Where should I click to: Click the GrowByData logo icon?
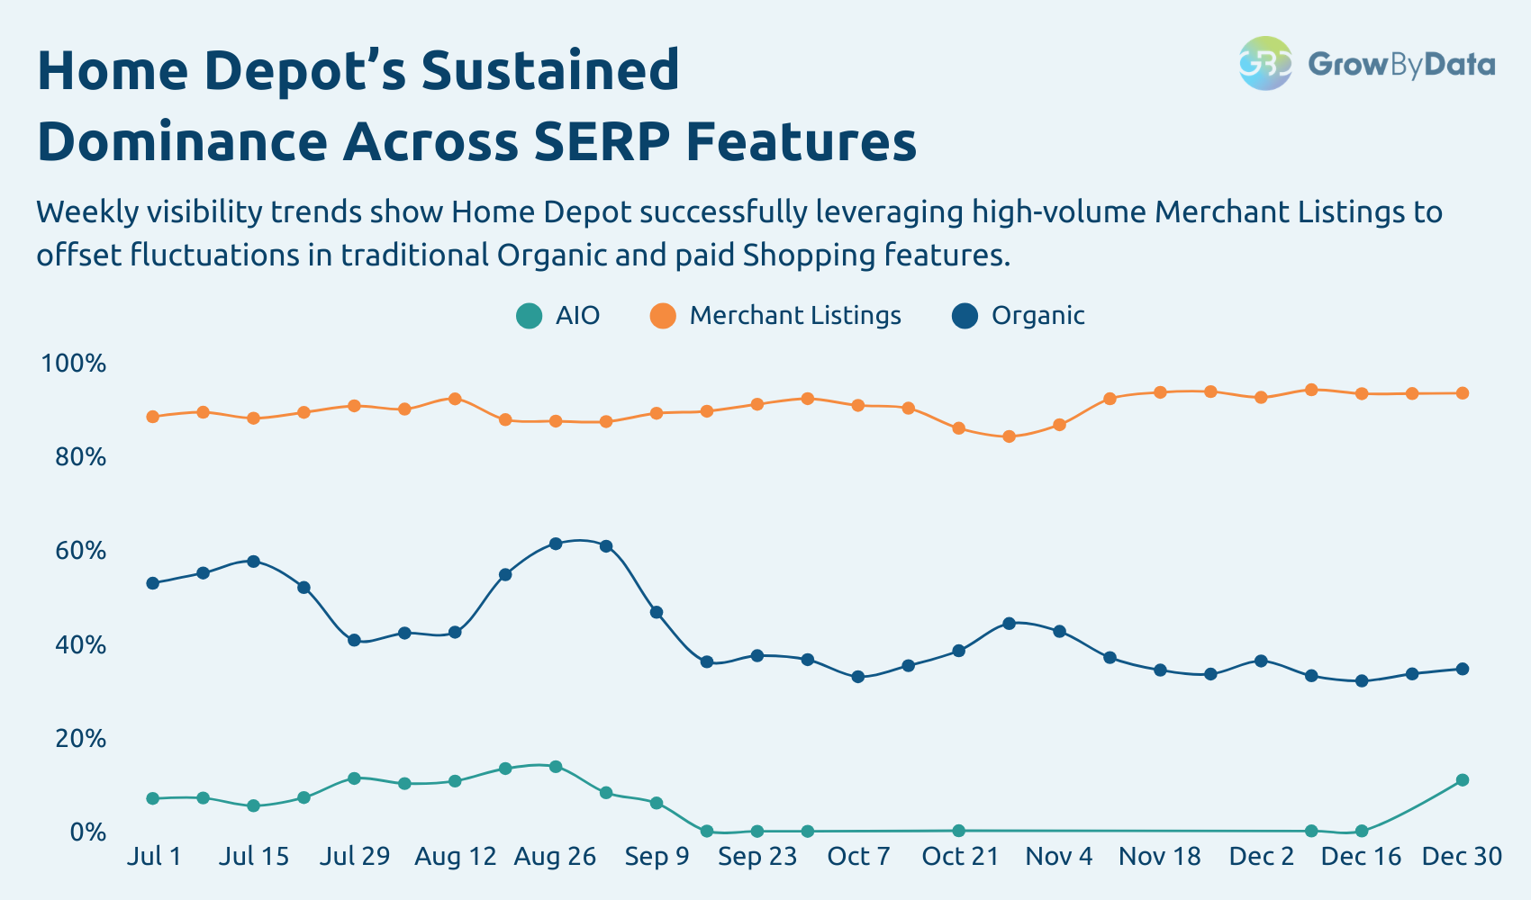[1265, 63]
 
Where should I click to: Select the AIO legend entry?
[557, 316]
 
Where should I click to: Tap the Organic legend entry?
[1019, 316]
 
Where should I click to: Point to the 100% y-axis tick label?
[73, 364]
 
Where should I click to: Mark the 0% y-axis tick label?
[87, 832]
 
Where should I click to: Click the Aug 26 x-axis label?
[555, 856]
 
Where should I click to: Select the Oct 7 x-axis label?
[858, 856]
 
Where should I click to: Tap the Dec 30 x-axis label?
[1462, 856]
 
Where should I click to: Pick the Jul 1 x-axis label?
[154, 856]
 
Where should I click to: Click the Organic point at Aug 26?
[556, 544]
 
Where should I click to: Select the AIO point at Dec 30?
[1463, 780]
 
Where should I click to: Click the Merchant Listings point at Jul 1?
[153, 417]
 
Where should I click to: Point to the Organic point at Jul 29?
[354, 640]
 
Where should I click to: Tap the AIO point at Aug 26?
[556, 767]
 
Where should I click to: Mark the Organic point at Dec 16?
[1362, 681]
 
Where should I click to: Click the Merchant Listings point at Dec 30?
[1463, 393]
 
